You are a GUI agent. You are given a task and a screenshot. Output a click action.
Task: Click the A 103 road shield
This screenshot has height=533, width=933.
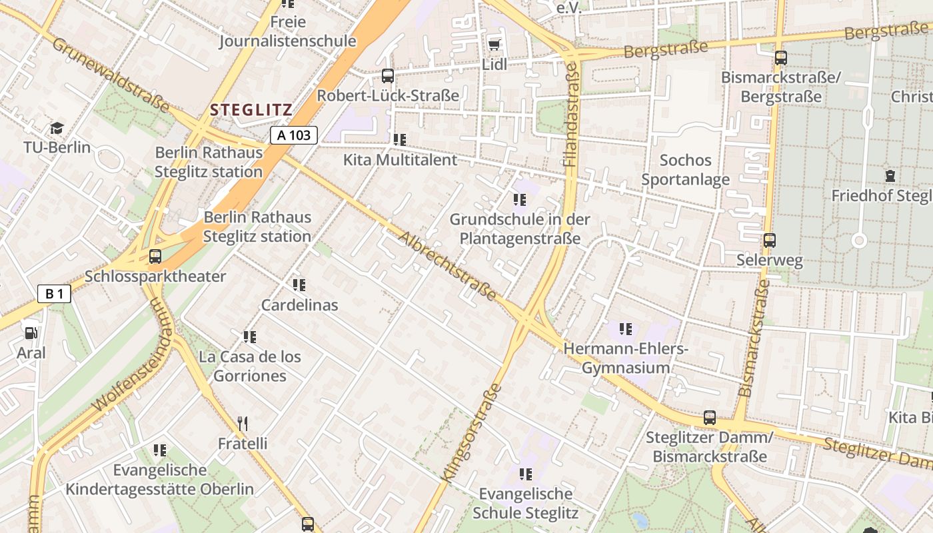(294, 135)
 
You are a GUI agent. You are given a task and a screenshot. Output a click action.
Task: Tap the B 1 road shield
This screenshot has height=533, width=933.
(54, 294)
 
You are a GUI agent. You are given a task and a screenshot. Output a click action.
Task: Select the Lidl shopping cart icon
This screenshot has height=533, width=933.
(494, 45)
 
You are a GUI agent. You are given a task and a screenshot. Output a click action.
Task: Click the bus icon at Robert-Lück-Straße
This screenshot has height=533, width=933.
(388, 76)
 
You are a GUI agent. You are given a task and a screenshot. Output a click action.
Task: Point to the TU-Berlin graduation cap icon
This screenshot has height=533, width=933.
(57, 128)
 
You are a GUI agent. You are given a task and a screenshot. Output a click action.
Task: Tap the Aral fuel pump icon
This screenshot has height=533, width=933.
(31, 333)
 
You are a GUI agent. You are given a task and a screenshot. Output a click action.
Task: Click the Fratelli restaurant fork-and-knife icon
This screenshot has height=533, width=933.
(243, 423)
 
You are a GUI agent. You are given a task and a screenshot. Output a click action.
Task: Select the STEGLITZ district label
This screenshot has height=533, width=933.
(251, 110)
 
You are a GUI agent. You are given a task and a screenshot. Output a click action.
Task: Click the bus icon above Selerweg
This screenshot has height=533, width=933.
(770, 241)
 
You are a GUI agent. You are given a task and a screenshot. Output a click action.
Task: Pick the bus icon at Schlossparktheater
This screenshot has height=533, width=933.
(155, 256)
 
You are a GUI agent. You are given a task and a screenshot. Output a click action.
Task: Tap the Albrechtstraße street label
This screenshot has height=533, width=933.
(448, 266)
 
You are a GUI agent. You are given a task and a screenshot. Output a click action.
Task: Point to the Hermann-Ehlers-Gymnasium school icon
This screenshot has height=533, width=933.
(625, 328)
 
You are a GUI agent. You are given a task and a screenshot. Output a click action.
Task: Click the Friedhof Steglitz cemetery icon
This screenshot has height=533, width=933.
(890, 176)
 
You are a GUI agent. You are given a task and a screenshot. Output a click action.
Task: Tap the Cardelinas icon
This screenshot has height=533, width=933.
(299, 285)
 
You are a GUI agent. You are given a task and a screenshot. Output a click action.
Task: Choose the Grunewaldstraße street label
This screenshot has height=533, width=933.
(110, 75)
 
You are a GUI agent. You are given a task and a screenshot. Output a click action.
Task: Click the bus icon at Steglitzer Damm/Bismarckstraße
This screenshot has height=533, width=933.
(710, 418)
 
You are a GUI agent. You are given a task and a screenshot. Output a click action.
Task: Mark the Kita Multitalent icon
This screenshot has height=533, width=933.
(400, 140)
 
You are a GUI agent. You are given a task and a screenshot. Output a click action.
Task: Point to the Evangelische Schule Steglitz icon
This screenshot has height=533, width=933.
(526, 474)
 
